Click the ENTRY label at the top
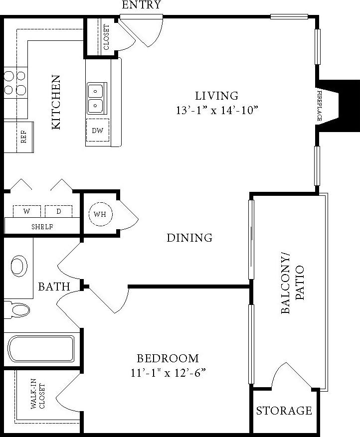(x=142, y=5)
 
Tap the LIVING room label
(x=216, y=96)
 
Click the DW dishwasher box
(x=97, y=131)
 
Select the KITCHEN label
(x=56, y=102)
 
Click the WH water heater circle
(x=100, y=215)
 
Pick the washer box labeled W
(x=26, y=211)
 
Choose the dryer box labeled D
(x=58, y=211)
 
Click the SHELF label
(x=42, y=227)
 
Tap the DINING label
(x=189, y=238)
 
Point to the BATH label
(x=54, y=287)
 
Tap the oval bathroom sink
(x=19, y=266)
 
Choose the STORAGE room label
(x=284, y=411)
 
